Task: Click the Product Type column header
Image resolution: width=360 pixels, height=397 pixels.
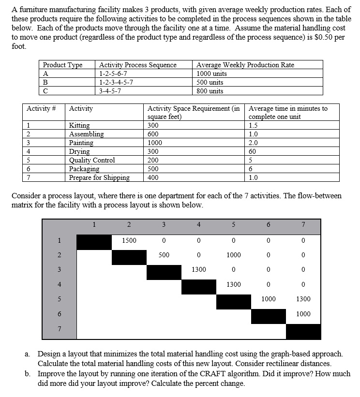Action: click(x=62, y=65)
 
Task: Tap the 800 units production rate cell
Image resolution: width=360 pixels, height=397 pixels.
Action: click(x=210, y=91)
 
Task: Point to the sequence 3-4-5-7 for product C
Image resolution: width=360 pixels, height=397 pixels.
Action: click(x=110, y=91)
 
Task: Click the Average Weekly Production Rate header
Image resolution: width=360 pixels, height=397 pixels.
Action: click(x=245, y=65)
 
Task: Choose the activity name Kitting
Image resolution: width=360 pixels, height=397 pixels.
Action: click(x=79, y=125)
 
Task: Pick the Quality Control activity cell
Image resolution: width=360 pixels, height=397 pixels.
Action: click(x=92, y=160)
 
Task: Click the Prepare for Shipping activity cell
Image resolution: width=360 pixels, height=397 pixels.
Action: click(x=99, y=177)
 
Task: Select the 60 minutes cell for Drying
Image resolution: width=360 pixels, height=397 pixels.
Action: click(x=253, y=151)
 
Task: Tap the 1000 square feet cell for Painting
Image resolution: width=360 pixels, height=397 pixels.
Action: click(x=155, y=143)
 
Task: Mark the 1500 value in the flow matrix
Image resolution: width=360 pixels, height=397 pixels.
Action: click(x=129, y=240)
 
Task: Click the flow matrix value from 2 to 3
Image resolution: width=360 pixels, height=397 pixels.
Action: click(x=164, y=255)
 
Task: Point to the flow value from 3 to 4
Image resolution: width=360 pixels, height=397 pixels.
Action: click(x=198, y=269)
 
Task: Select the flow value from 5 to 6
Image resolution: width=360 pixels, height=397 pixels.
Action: click(x=268, y=299)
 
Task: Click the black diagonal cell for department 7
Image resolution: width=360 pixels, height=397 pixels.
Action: click(x=303, y=331)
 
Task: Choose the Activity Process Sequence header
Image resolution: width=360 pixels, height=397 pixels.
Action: click(x=138, y=65)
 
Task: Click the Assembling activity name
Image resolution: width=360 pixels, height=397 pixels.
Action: click(x=86, y=134)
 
